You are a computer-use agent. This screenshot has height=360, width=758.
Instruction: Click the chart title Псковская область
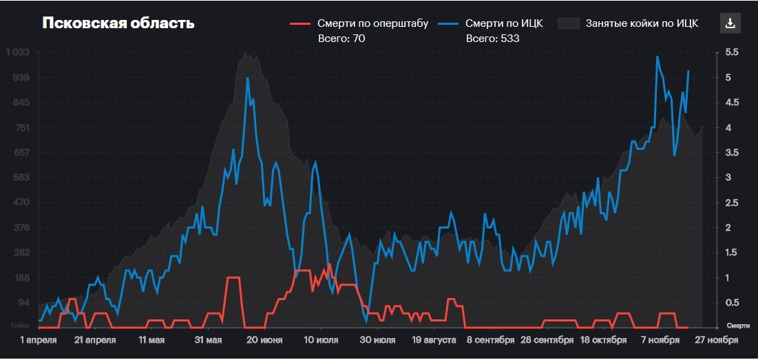point(118,23)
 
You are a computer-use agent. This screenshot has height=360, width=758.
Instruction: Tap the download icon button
point(730,23)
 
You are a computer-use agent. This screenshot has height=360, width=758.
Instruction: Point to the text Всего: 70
point(341,39)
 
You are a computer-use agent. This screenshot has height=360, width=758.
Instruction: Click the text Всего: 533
point(492,39)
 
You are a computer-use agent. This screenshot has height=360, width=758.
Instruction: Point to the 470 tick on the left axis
point(21,202)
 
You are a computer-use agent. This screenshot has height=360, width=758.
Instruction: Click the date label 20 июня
point(265,340)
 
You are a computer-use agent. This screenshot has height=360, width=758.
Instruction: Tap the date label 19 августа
point(434,340)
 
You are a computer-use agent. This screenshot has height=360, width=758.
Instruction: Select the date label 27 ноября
point(717,340)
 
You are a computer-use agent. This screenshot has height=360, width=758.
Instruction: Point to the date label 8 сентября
point(490,340)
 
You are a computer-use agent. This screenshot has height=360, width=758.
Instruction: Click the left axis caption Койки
point(19,325)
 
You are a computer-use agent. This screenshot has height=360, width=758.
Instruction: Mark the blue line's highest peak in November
point(657,56)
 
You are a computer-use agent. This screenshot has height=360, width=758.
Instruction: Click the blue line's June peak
point(247,78)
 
